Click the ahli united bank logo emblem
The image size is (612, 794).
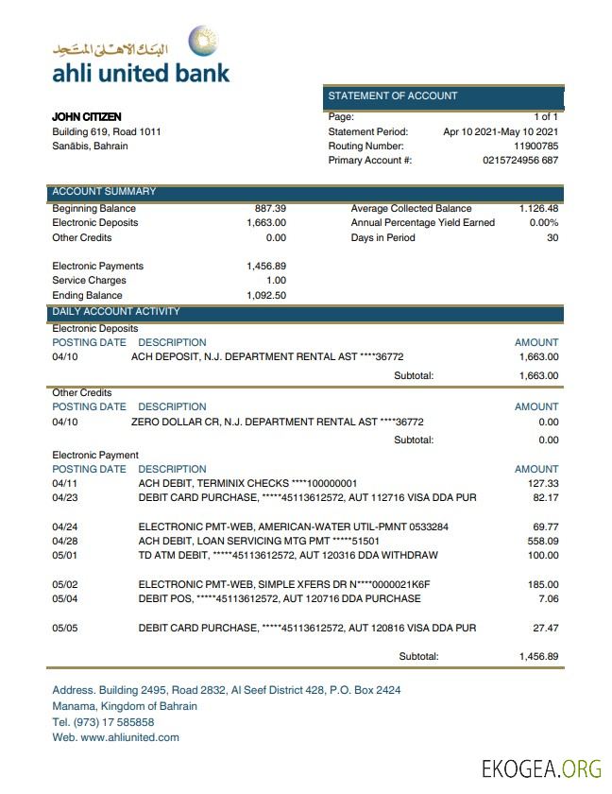[202, 43]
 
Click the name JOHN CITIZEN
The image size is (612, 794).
[86, 117]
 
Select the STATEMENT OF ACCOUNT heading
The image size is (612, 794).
[392, 95]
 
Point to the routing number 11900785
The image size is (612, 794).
[535, 147]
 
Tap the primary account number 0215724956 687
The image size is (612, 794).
[520, 161]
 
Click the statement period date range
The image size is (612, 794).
[501, 132]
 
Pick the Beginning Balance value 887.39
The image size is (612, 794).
[270, 208]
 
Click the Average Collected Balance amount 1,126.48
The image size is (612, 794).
[538, 208]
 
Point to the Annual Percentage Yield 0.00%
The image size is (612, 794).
[543, 223]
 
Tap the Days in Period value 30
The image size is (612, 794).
[552, 237]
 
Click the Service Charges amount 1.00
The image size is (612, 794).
[276, 281]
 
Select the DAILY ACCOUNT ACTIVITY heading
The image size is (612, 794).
[116, 311]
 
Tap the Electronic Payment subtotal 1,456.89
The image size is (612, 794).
[538, 655]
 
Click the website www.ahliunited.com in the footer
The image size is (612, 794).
[129, 737]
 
